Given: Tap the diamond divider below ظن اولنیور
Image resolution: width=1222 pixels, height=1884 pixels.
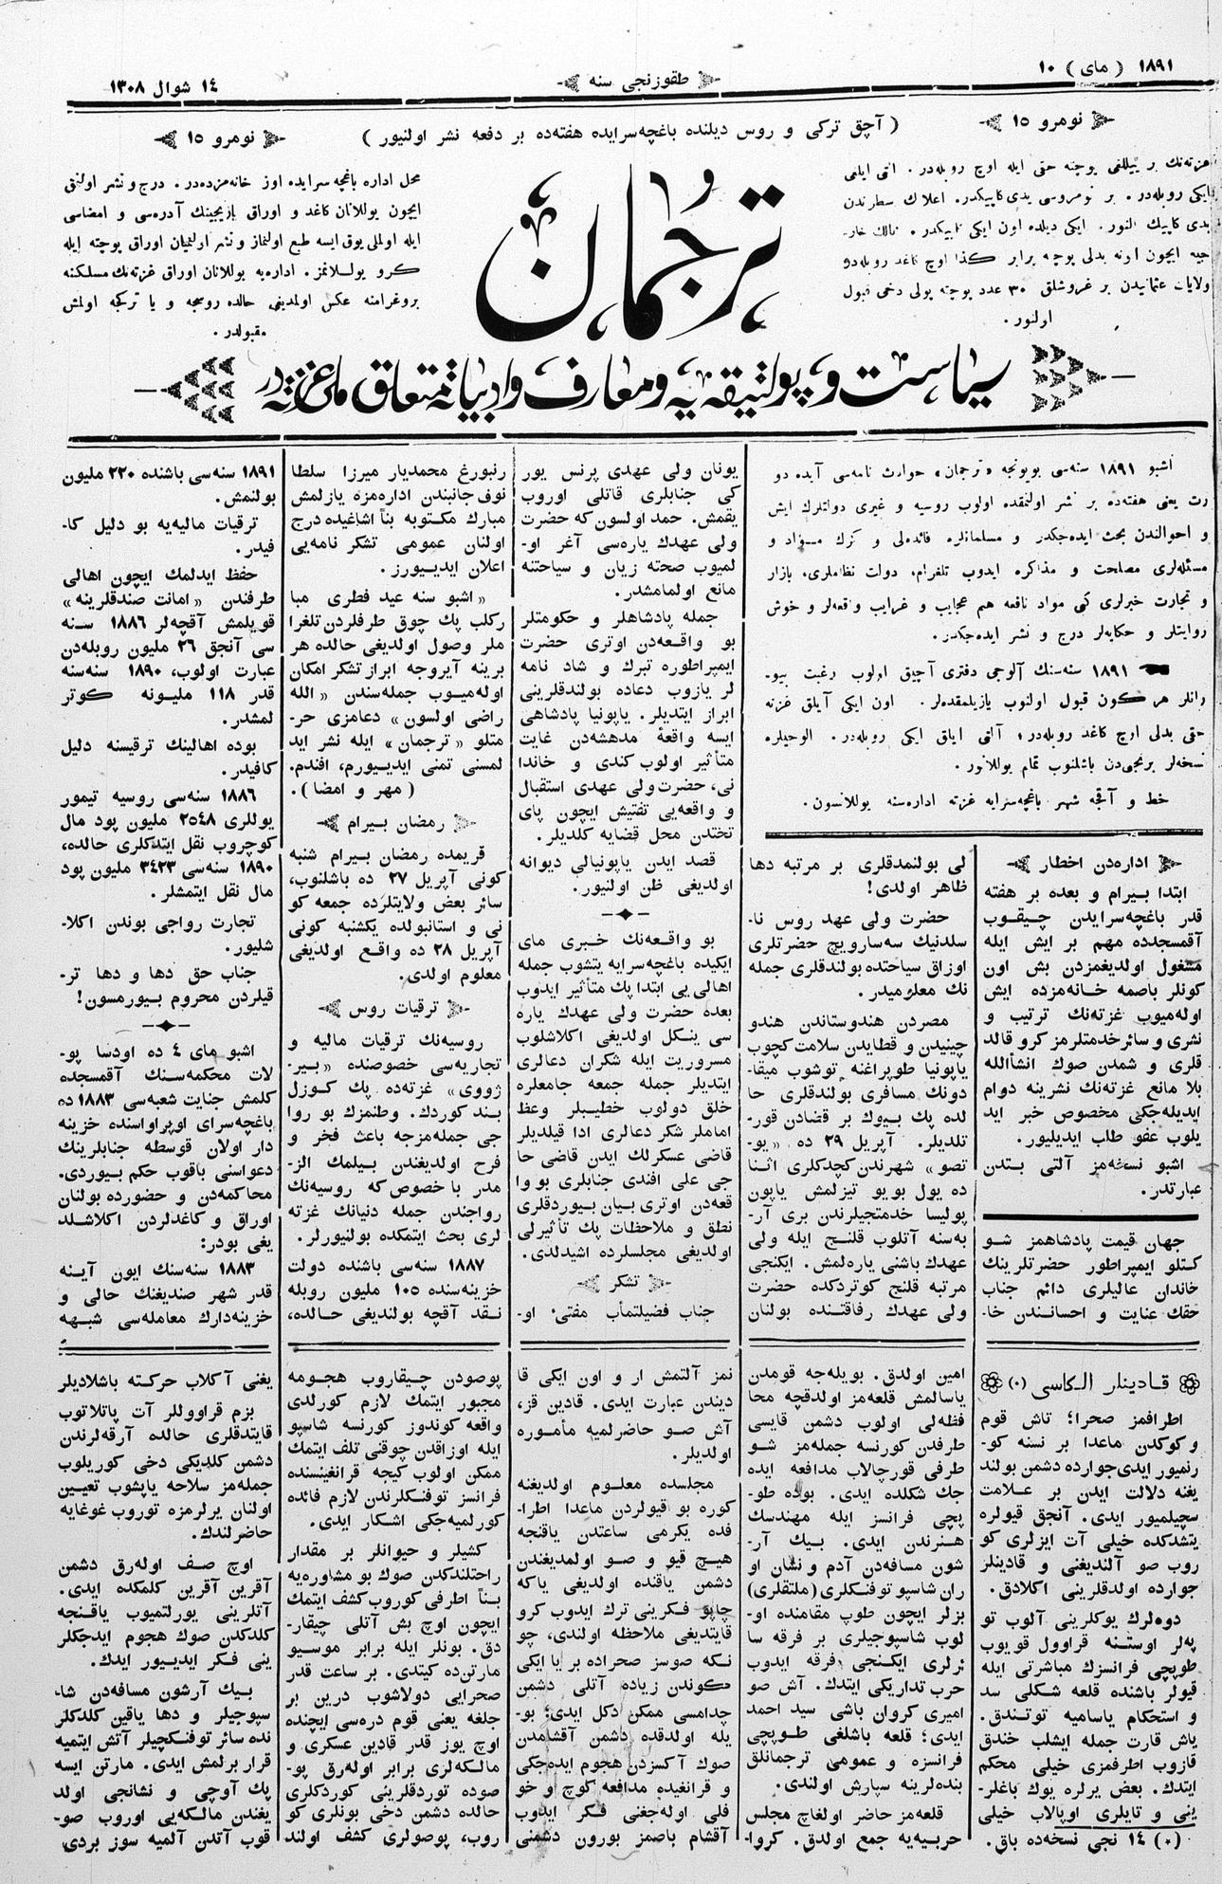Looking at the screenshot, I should coord(625,913).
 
